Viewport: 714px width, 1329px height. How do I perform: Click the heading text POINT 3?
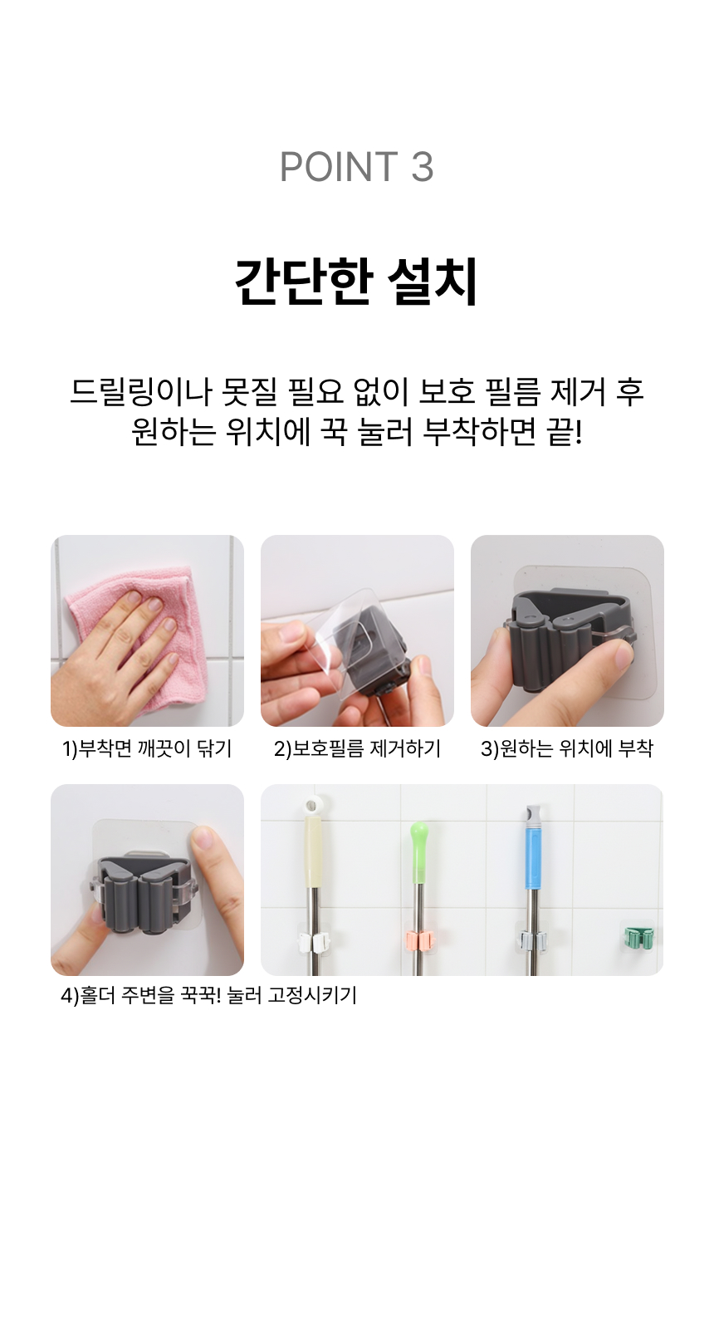[x=356, y=167]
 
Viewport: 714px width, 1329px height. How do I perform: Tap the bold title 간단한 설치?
[x=356, y=282]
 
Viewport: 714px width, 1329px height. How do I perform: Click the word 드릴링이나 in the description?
[x=140, y=392]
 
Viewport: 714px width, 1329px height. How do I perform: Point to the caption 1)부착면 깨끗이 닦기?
[x=147, y=748]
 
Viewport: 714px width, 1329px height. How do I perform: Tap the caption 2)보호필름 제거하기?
[x=357, y=748]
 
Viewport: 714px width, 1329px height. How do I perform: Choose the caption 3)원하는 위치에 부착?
[x=567, y=748]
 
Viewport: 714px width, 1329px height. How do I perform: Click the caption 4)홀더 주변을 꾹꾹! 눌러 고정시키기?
[x=208, y=996]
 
